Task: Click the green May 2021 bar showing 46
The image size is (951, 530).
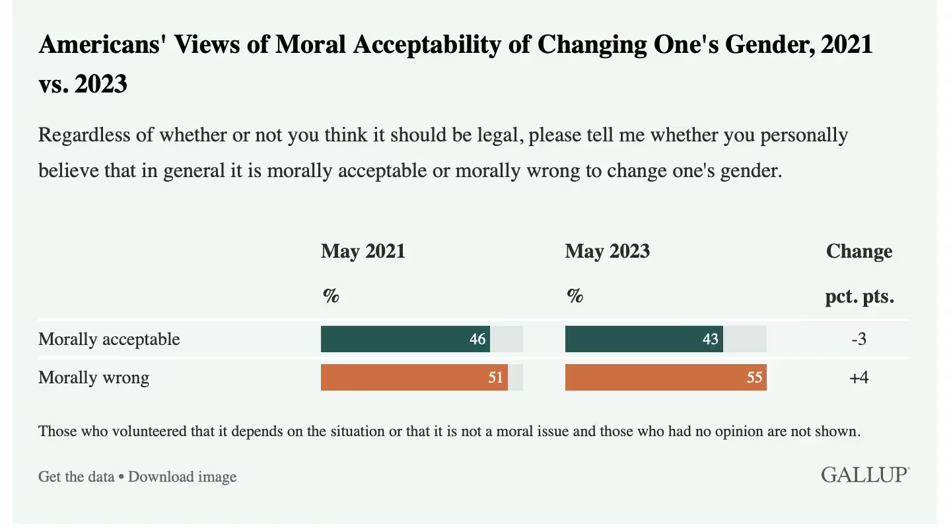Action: (405, 339)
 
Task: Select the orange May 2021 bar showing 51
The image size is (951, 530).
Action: (414, 377)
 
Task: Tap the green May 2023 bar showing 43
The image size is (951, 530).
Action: (644, 339)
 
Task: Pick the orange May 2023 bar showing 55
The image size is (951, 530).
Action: (666, 377)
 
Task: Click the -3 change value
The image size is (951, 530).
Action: (859, 339)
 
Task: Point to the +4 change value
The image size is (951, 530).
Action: (859, 377)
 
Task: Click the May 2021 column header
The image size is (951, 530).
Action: (363, 251)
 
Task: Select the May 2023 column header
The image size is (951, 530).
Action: (608, 251)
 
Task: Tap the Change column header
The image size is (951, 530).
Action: (859, 251)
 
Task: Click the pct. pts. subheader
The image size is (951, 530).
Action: (859, 296)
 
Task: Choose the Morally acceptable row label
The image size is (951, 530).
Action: (109, 339)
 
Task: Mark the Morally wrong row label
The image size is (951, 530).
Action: (94, 377)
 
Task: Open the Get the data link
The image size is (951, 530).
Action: (76, 476)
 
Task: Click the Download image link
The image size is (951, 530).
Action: (182, 476)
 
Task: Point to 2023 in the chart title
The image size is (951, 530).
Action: (101, 85)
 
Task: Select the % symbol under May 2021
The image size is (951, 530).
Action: (331, 296)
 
